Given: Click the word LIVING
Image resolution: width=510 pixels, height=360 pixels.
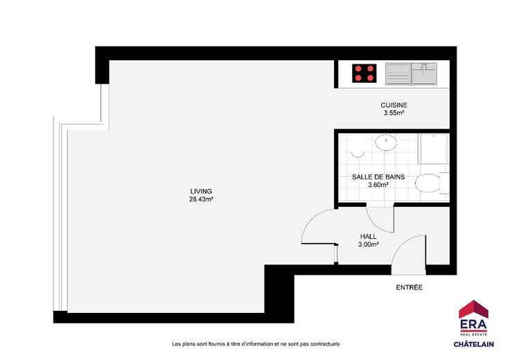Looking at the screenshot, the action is point(201,191).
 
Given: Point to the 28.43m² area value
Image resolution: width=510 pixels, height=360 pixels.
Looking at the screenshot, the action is point(201,199).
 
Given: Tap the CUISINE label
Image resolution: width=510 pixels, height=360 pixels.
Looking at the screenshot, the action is point(394,105).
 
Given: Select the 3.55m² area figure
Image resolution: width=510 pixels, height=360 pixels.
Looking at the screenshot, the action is point(394,113).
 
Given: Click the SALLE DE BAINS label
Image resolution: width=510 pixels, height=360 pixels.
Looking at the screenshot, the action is point(378,177).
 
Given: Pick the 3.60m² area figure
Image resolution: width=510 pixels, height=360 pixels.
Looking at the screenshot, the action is point(378,185).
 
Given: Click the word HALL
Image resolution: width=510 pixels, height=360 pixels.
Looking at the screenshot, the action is point(368,237).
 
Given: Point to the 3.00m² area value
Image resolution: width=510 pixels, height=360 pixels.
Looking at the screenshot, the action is point(368,244).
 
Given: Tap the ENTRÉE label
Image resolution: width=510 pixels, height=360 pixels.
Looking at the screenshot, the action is point(409,287).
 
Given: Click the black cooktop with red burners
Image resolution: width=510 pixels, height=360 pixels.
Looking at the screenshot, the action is point(364,73).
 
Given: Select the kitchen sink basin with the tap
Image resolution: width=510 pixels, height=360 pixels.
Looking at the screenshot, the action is point(424,74).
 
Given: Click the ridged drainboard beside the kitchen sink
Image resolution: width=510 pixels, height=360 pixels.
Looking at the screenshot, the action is point(398,74).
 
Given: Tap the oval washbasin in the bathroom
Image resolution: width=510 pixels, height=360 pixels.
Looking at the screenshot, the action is point(386,143).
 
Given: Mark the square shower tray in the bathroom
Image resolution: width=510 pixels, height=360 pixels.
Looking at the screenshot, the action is point(434,148).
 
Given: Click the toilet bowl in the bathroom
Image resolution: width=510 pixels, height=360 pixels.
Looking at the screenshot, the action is point(428,183).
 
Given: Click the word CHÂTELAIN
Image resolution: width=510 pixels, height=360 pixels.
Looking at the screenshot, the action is point(473,344).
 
